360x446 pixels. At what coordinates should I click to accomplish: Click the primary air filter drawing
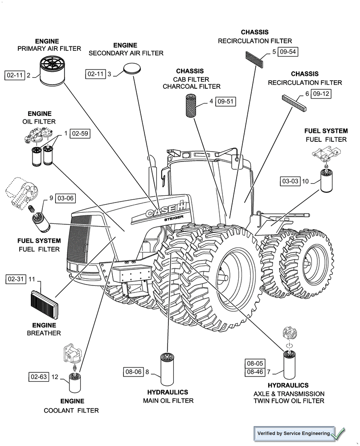[52, 71]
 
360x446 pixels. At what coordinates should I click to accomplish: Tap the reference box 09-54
[287, 52]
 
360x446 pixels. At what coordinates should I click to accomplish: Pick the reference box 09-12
[321, 94]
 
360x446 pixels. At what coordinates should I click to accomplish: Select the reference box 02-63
[39, 377]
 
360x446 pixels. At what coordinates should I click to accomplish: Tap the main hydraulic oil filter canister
[169, 370]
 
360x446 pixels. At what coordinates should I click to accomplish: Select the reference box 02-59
[80, 133]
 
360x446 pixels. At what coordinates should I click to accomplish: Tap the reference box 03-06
[65, 198]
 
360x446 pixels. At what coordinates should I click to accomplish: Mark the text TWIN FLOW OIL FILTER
[289, 401]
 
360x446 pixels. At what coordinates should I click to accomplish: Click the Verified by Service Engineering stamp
[294, 433]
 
